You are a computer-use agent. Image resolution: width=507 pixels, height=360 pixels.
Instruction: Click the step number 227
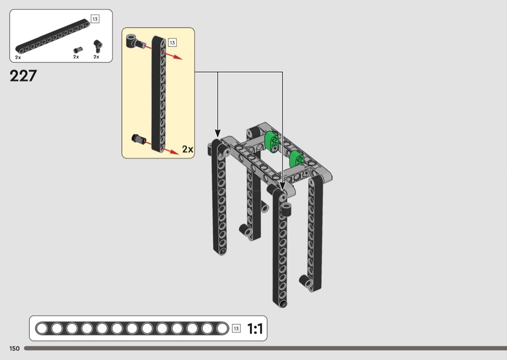coord(23,76)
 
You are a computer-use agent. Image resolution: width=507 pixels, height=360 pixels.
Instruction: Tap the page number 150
coord(14,348)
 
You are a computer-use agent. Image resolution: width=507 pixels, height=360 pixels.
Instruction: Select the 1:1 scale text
coord(255,329)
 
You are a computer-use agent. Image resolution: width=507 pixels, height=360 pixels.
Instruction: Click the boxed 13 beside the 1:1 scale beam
coord(237,329)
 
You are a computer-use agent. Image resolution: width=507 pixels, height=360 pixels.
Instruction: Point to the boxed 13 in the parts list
coord(95,19)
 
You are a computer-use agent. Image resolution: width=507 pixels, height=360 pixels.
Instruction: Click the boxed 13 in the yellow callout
coord(172,42)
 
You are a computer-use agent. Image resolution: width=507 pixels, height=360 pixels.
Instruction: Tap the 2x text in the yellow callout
coord(187,149)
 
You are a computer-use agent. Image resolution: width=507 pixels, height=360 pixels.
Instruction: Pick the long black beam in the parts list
coord(53,37)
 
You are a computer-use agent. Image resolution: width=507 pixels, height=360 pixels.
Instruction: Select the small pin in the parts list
coord(78,50)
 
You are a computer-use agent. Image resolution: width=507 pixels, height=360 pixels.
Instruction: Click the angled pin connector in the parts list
coord(98,45)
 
